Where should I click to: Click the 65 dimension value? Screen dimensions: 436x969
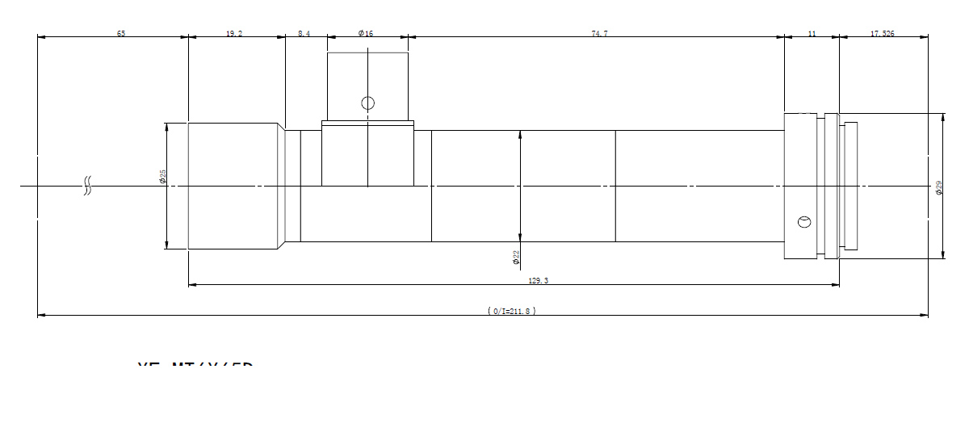[x=121, y=33]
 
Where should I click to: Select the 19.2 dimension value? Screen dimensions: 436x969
[x=234, y=33]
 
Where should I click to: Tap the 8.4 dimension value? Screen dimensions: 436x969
[x=304, y=33]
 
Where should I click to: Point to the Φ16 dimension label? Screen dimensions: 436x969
[x=366, y=33]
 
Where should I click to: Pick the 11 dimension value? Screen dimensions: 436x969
[x=812, y=33]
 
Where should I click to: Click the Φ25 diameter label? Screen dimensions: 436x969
[x=162, y=176]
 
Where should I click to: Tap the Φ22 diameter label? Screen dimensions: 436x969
[x=516, y=258]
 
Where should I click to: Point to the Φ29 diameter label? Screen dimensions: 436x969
[x=938, y=188]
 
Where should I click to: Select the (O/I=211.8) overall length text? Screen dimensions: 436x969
[x=512, y=311]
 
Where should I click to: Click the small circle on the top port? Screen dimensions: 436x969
[x=368, y=103]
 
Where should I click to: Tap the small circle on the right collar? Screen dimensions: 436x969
[x=803, y=222]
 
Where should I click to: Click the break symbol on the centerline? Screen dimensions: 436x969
[x=87, y=187]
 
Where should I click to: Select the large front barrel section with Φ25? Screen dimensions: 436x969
[x=234, y=187]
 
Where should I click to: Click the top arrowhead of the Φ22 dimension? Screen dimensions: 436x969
[x=520, y=134]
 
